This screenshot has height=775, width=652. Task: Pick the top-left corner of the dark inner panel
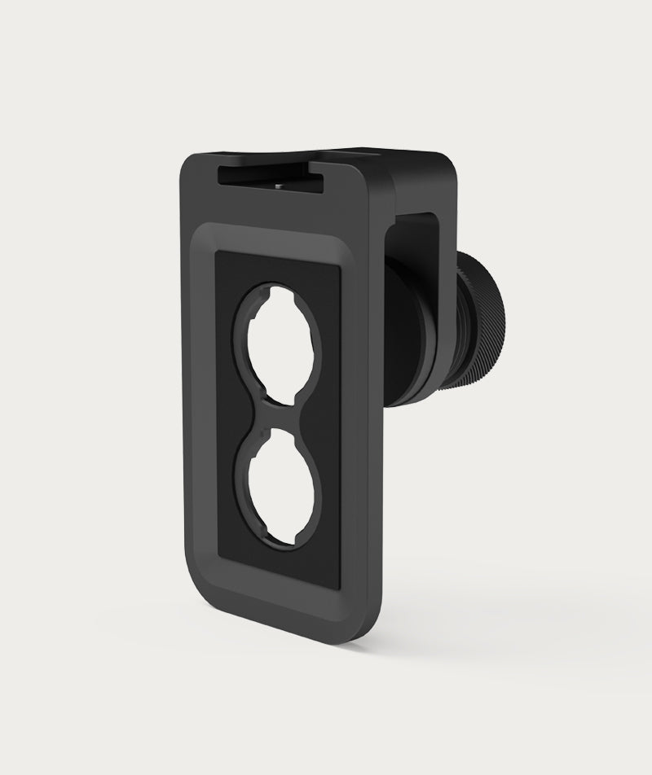click(x=217, y=254)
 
